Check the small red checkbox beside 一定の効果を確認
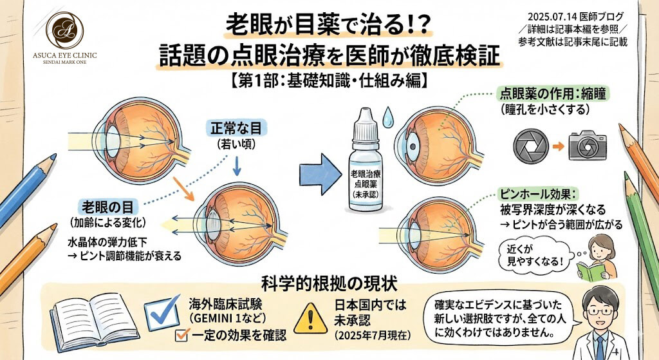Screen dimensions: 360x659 click(181, 335)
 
